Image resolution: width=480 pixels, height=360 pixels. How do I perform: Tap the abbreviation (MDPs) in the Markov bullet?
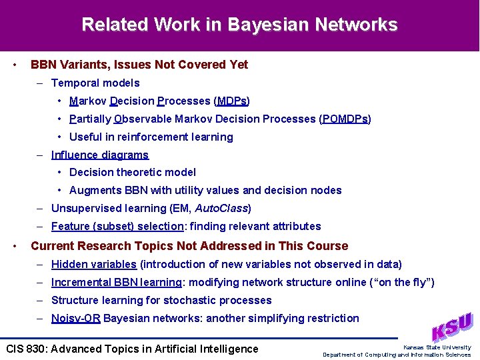231,101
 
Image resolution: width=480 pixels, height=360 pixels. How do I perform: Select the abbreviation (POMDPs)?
345,119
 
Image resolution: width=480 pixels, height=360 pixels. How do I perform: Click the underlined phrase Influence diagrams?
100,155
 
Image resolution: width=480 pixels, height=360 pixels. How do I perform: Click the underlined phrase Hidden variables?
94,265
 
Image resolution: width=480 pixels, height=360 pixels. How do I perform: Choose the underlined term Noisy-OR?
76,319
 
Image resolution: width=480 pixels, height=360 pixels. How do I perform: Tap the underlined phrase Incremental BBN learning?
116,283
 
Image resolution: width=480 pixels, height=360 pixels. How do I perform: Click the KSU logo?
451,327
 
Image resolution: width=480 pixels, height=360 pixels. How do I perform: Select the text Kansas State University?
437,347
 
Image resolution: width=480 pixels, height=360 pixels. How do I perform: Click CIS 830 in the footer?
25,349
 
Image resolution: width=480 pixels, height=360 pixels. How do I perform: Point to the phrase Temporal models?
95,83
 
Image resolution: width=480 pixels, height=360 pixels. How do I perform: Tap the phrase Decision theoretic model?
133,173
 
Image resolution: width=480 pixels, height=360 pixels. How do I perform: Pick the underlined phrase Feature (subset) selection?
117,227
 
